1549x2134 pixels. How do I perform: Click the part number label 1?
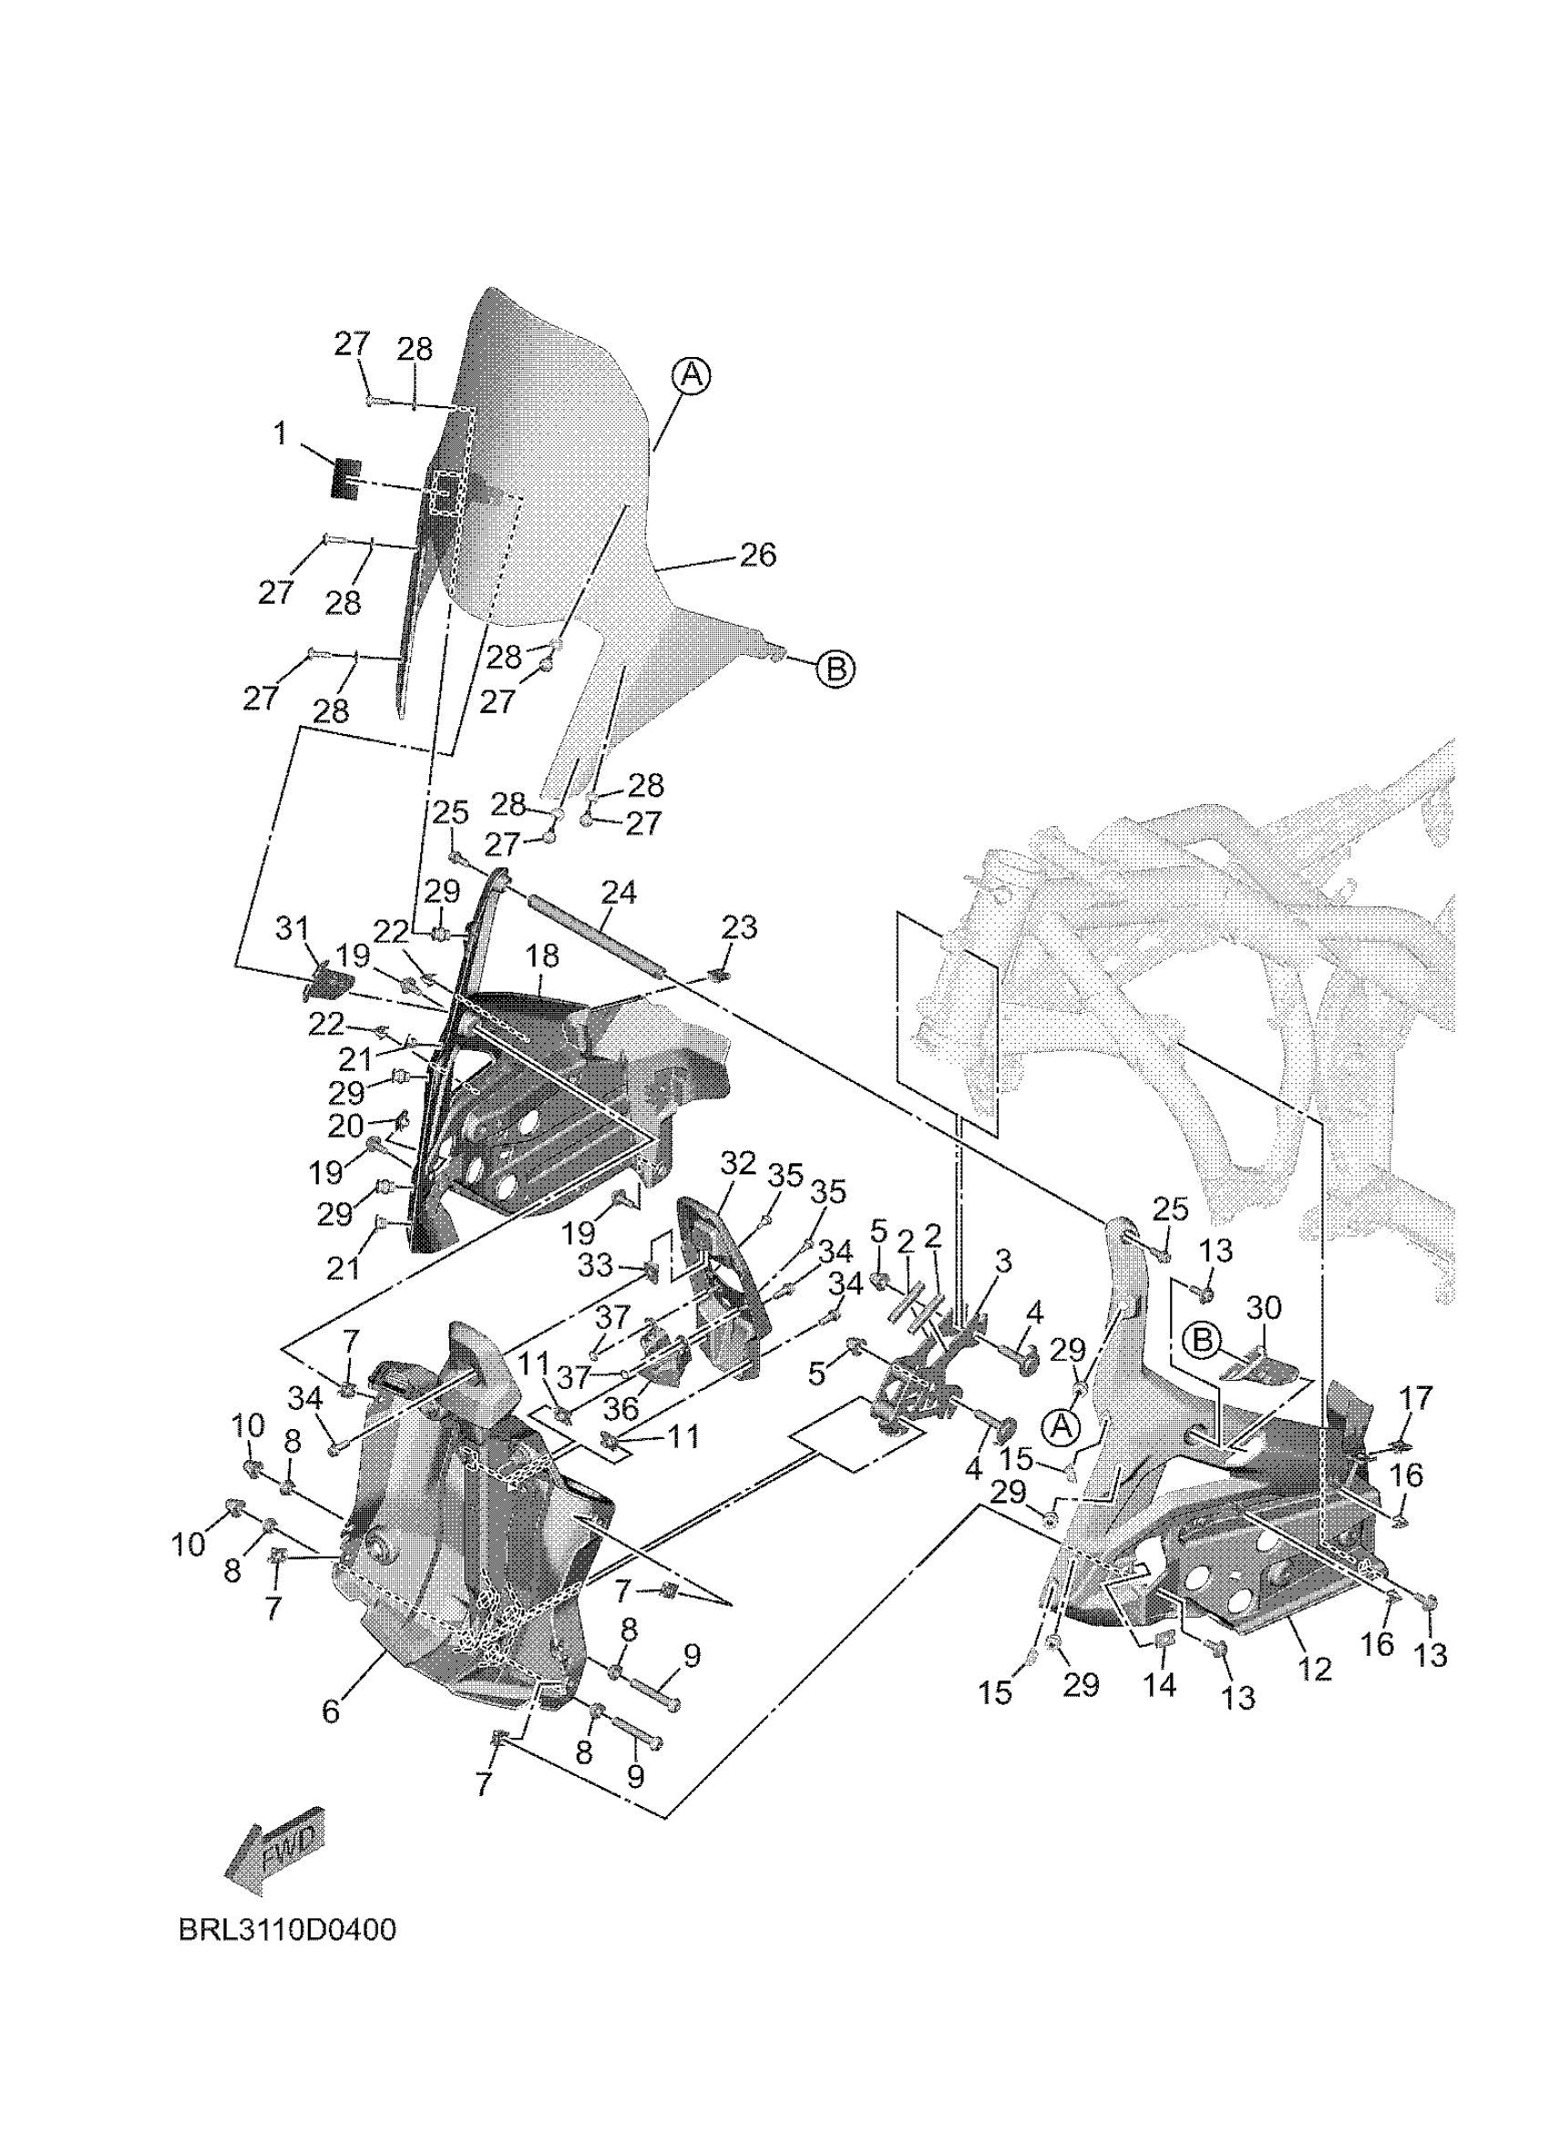(281, 434)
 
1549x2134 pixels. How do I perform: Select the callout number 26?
(757, 556)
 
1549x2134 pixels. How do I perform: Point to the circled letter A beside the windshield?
(691, 375)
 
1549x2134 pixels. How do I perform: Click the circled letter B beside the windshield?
(835, 669)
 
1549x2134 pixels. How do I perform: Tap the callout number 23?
(740, 928)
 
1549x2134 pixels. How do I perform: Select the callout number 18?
(542, 956)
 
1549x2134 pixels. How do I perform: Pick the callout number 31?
(292, 930)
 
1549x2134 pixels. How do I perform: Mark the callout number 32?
(739, 1164)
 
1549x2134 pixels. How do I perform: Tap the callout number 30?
(1264, 1309)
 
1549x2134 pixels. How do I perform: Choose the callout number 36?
(621, 1435)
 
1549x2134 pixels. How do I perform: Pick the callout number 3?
(1003, 1261)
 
